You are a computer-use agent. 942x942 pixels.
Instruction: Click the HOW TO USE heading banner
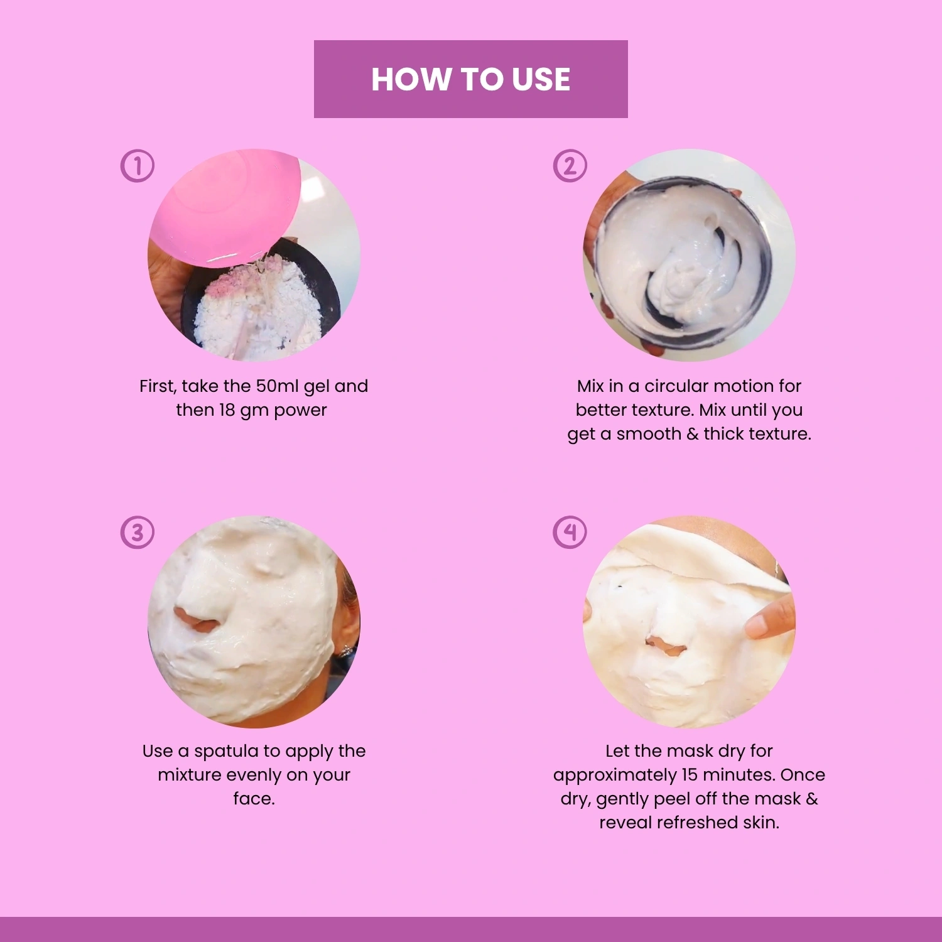click(471, 79)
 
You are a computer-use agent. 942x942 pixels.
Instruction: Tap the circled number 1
click(137, 166)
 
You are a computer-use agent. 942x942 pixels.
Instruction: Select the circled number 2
click(570, 166)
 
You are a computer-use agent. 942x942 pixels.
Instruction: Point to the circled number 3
click(137, 532)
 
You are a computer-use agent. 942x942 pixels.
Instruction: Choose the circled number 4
click(570, 532)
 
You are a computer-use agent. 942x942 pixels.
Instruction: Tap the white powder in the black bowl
click(257, 308)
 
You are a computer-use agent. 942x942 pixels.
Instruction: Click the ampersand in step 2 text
click(692, 433)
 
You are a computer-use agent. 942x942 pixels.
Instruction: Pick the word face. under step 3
click(254, 799)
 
